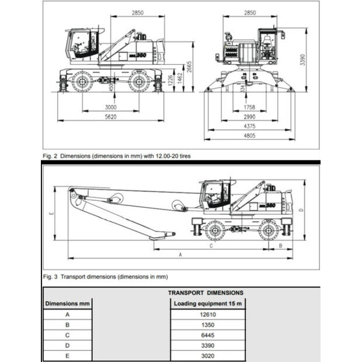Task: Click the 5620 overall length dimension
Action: click(111, 117)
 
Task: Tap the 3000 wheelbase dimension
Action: click(111, 107)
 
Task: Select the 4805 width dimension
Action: click(249, 135)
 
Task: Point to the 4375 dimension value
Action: click(249, 126)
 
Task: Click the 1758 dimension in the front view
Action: click(249, 107)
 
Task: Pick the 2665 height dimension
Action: click(189, 67)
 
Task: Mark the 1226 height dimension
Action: click(170, 81)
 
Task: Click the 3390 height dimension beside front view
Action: click(302, 60)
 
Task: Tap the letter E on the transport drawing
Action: click(51, 213)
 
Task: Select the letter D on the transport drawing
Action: click(301, 210)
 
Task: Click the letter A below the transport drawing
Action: click(180, 255)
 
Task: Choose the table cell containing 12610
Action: click(208, 315)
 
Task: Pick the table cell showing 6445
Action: click(208, 335)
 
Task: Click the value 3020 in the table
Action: click(208, 356)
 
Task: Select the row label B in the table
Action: click(67, 325)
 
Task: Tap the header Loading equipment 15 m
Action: click(208, 304)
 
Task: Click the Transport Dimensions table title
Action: click(206, 293)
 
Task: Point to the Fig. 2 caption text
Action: click(117, 156)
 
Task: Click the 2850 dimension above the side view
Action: click(138, 13)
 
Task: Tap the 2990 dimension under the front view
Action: click(249, 117)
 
